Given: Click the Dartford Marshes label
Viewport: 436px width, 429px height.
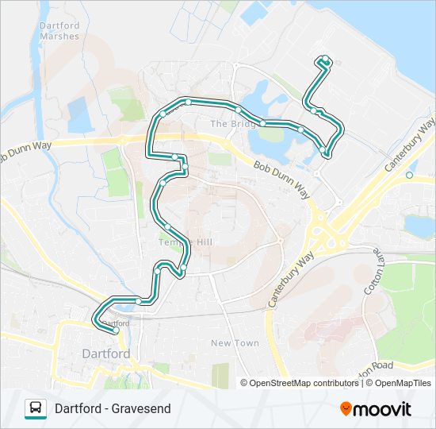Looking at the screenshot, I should click(59, 31).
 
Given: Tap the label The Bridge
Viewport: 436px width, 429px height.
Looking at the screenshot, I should click(231, 125).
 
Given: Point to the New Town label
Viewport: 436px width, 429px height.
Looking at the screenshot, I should click(235, 343).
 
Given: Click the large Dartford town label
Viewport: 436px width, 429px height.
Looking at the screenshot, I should click(106, 354).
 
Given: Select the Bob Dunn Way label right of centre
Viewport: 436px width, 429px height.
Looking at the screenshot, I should click(281, 180).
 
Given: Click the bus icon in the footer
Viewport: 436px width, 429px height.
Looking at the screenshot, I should click(36, 408).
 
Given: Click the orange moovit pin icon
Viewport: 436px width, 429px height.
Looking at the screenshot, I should click(346, 409).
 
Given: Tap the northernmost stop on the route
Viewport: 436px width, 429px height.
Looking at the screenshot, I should click(325, 60).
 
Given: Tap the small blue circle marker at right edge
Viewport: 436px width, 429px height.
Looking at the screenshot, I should click(409, 175).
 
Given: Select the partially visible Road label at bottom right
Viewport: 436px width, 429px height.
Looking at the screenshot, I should click(377, 366).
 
